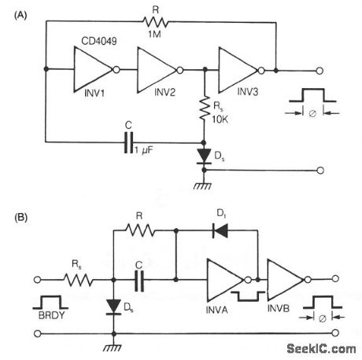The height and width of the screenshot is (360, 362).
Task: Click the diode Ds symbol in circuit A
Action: click(205, 157)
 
